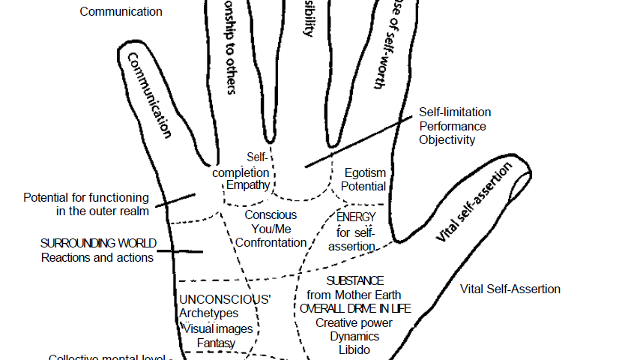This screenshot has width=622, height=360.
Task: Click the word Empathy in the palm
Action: [248, 185]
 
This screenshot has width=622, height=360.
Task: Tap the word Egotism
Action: [365, 172]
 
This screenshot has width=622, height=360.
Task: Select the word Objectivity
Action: [447, 139]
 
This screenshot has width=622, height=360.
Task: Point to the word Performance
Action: [453, 126]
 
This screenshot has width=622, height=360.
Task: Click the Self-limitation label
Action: [455, 112]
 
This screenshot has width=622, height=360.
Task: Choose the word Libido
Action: [354, 349]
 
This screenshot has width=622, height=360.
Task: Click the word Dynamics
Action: [354, 336]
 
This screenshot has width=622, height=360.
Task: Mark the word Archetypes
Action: [209, 313]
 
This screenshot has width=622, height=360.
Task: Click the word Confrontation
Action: [271, 242]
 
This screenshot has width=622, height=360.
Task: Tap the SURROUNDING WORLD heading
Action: [98, 244]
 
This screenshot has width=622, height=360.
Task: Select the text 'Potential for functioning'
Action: [86, 198]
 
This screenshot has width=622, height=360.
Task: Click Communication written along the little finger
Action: [149, 94]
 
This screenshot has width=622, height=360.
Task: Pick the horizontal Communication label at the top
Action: [121, 11]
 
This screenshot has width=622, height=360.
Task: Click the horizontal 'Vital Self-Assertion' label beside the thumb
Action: [510, 289]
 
